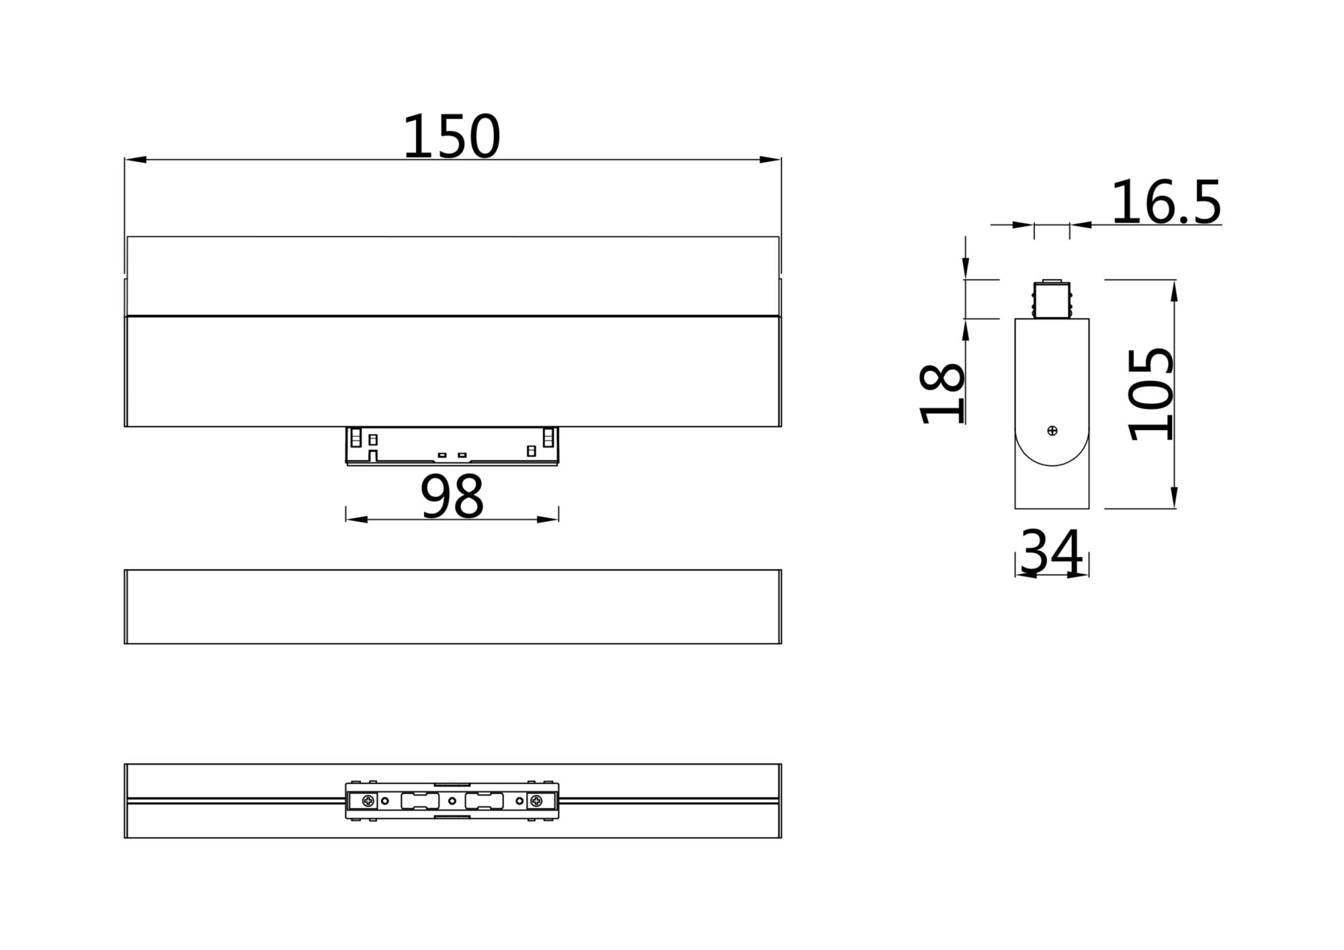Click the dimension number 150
point(451,137)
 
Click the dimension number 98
point(452,497)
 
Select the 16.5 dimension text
point(1165,203)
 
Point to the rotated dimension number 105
point(1151,394)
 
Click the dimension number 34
point(1051,553)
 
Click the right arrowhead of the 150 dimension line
point(770,160)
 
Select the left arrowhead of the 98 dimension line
point(357,519)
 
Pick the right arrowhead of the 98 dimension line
point(548,519)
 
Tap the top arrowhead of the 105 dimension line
point(1174,290)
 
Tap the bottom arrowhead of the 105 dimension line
point(1174,498)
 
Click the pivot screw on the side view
point(1052,431)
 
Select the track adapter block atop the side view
point(1052,300)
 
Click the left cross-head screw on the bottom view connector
point(368,801)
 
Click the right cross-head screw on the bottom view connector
point(536,801)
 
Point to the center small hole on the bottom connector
point(452,801)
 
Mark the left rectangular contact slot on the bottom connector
point(419,801)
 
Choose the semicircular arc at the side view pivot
point(1052,457)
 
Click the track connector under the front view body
point(452,445)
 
